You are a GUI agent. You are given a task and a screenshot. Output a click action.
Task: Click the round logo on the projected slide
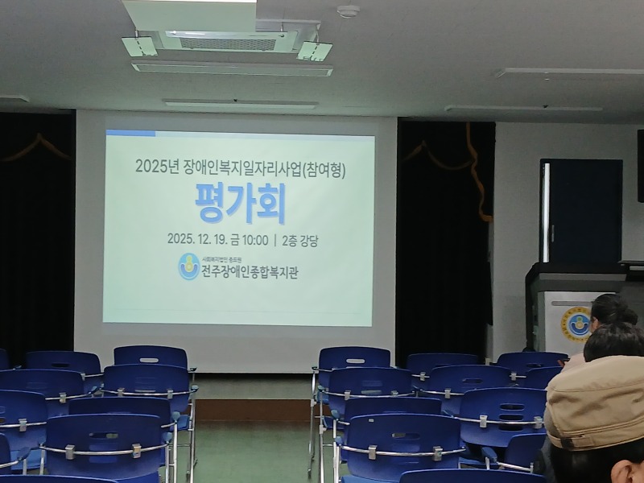(189, 266)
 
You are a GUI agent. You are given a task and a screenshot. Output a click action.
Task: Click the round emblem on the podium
(576, 324)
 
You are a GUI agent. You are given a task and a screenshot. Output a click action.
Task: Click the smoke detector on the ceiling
(348, 11)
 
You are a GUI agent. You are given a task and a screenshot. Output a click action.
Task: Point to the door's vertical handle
(551, 233)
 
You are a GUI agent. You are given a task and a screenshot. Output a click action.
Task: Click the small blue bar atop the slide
(130, 134)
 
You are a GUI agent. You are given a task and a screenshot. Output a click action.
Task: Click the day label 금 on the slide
(233, 239)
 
